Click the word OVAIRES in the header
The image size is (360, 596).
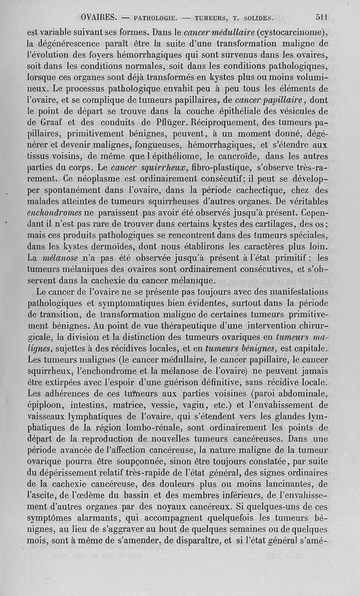coord(99,18)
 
